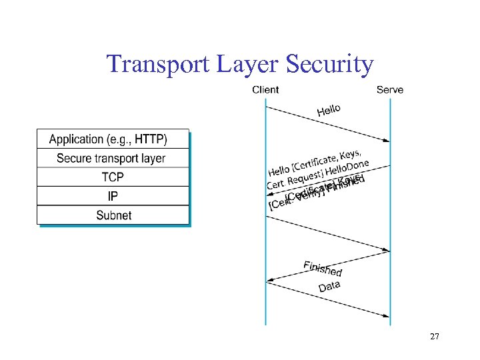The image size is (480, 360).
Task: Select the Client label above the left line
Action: tap(265, 90)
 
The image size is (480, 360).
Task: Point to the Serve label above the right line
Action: tap(389, 90)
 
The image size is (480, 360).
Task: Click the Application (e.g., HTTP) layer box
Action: tap(113, 139)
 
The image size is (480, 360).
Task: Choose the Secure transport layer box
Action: tap(113, 159)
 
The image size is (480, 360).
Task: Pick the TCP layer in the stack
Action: tap(113, 177)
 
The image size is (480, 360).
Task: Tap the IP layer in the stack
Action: tap(113, 196)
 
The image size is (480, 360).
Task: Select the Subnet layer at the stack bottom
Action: tap(113, 215)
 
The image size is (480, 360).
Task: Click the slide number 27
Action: tap(434, 337)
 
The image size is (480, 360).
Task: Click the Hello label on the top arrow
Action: tap(329, 109)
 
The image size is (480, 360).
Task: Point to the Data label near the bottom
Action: tap(329, 286)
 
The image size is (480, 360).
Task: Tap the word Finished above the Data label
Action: tap(323, 268)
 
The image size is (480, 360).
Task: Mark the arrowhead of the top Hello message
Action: tap(387, 140)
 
